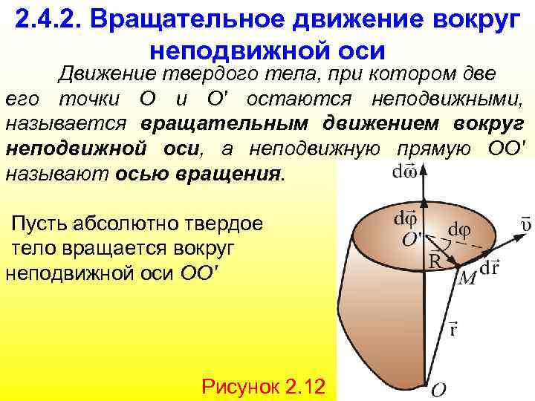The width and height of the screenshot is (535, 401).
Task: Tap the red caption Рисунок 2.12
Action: (x=268, y=386)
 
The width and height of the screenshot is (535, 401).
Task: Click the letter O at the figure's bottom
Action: (x=439, y=388)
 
